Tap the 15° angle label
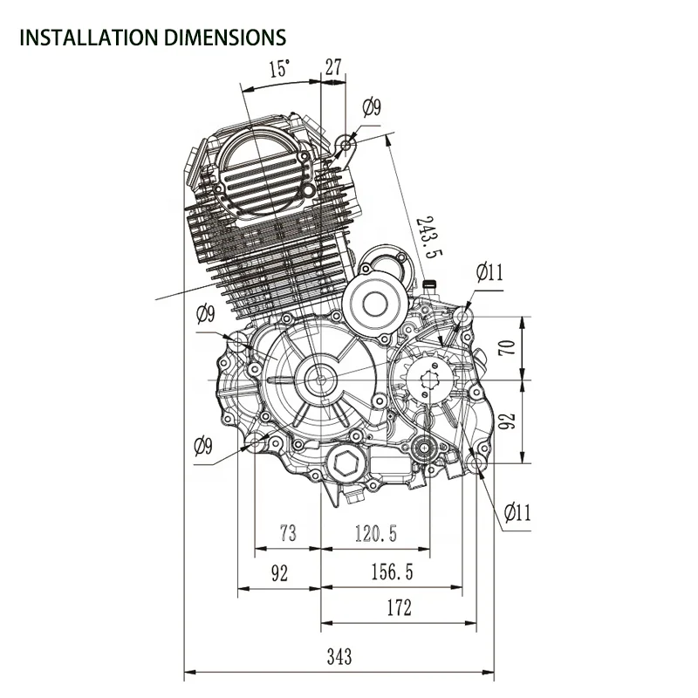coord(279,69)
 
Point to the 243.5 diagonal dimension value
coord(425,237)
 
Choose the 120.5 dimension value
coord(375,534)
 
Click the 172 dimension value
coord(397,608)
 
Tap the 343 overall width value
coord(336,655)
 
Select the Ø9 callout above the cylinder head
coord(372,107)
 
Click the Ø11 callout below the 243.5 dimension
coord(489,272)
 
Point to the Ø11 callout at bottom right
coord(517,512)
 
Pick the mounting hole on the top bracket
coord(349,142)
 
